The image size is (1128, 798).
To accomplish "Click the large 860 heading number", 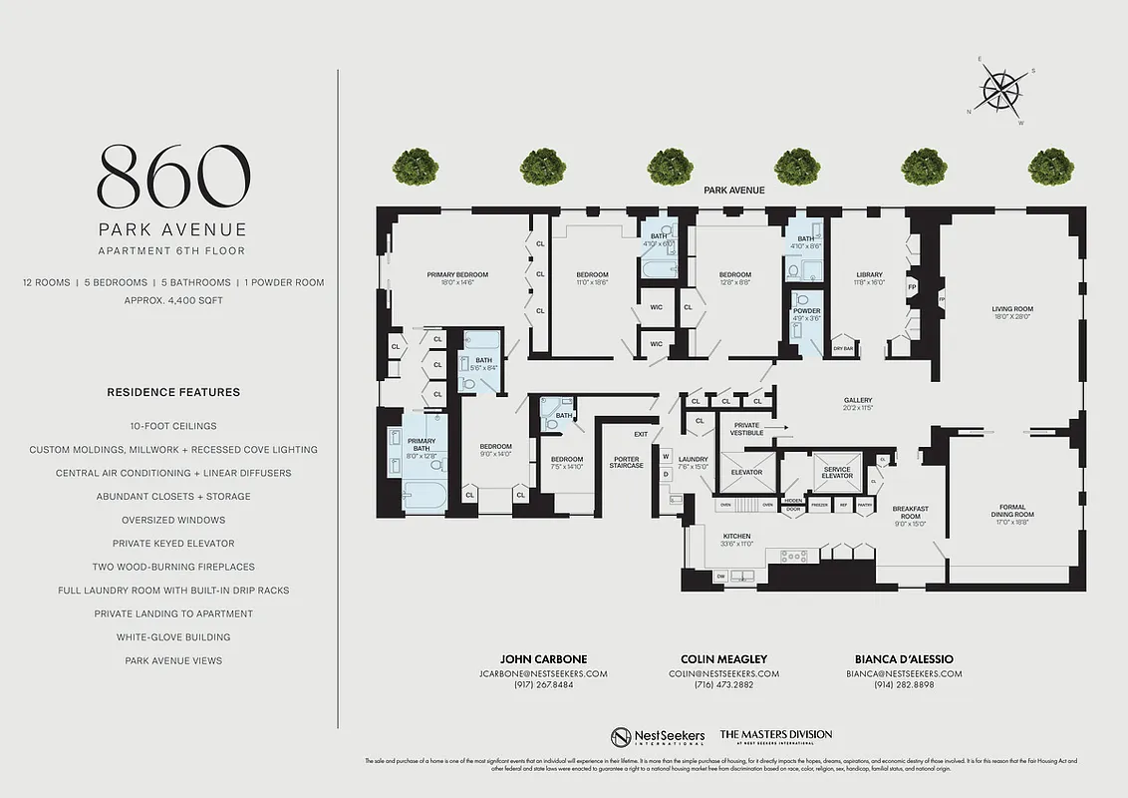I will click(x=173, y=177).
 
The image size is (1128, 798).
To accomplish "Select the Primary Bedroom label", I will click(x=457, y=274).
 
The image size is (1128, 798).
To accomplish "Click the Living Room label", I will click(x=1011, y=309).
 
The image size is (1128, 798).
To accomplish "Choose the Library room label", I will click(x=870, y=274).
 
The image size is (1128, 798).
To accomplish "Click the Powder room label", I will click(x=807, y=311).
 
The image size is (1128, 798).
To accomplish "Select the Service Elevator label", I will click(x=837, y=472).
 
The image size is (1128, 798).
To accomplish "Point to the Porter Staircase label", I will click(x=627, y=463).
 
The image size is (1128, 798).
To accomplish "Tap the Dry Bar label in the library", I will click(x=843, y=349).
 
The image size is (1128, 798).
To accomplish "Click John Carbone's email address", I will click(x=544, y=673).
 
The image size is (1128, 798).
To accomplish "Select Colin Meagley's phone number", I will click(x=723, y=686).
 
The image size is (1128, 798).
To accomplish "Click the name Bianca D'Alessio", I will click(x=904, y=659).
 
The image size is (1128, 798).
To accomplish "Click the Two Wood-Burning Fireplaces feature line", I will click(x=173, y=567).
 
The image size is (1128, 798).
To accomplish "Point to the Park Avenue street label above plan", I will click(x=733, y=190).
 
